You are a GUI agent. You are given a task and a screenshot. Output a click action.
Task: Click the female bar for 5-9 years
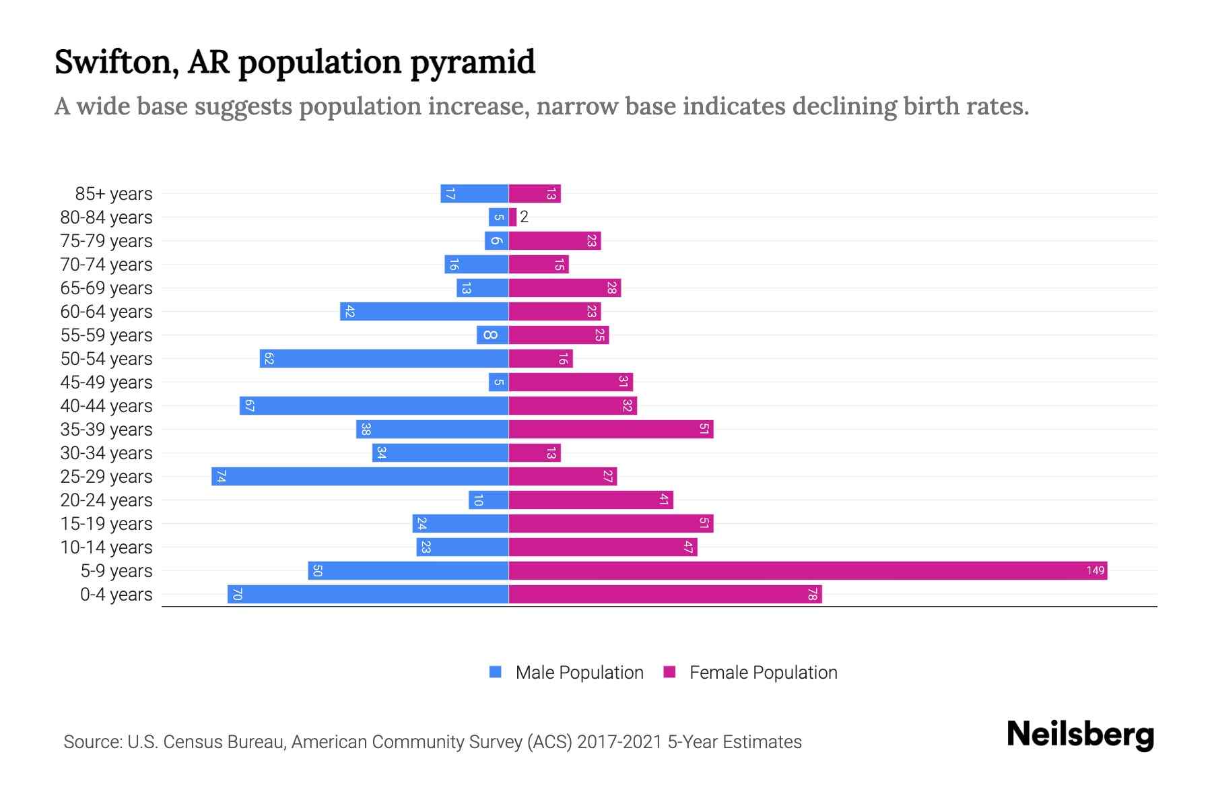[x=807, y=570]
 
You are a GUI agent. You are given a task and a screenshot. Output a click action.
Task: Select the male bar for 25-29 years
[x=360, y=476]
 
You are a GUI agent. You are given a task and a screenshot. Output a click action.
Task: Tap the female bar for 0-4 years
[x=665, y=594]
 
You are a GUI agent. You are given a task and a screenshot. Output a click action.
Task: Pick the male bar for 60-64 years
[x=424, y=311]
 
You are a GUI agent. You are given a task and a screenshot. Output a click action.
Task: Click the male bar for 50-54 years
[x=384, y=358]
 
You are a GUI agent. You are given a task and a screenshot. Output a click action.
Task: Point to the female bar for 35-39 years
[x=611, y=429]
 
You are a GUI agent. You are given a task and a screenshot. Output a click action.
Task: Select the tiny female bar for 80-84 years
[x=513, y=217]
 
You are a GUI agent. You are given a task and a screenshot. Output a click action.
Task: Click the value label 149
[x=1095, y=570]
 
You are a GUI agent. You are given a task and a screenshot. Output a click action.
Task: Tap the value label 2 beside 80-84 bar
[x=524, y=217]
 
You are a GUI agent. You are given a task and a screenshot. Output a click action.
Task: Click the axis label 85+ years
[x=113, y=194]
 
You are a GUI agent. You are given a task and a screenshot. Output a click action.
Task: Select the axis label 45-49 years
[x=106, y=382]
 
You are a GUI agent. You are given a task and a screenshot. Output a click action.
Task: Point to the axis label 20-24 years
[x=106, y=500]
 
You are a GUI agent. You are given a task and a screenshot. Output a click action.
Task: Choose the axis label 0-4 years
[x=116, y=595]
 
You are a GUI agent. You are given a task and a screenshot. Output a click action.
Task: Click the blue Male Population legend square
[x=496, y=672]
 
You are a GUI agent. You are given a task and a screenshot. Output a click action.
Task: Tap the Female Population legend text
[x=763, y=672]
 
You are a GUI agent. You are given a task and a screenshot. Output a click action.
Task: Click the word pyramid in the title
[x=472, y=63]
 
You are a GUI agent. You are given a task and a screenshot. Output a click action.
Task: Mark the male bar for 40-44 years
[x=374, y=405]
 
